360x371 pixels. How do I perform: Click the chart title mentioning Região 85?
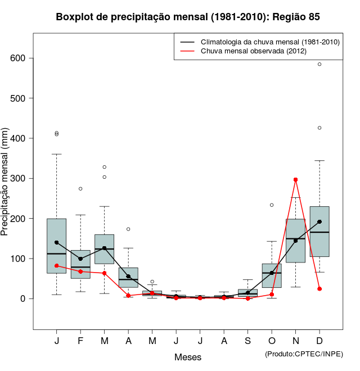click(x=188, y=17)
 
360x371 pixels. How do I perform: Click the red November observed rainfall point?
click(x=295, y=180)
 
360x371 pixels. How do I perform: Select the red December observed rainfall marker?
click(x=319, y=289)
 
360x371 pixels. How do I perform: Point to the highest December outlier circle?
click(x=319, y=64)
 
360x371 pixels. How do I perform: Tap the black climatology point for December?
click(x=319, y=221)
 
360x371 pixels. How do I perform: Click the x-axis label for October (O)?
click(x=272, y=341)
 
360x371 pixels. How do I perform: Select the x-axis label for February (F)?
click(x=80, y=341)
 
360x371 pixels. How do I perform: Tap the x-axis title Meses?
click(x=188, y=357)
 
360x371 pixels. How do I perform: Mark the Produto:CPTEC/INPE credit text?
click(x=304, y=354)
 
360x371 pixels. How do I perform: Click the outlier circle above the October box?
click(x=272, y=205)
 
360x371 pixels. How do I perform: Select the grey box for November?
click(x=295, y=241)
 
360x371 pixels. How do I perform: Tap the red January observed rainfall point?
click(x=56, y=265)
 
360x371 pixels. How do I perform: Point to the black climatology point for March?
click(x=104, y=248)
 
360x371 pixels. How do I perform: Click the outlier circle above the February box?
click(x=80, y=189)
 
